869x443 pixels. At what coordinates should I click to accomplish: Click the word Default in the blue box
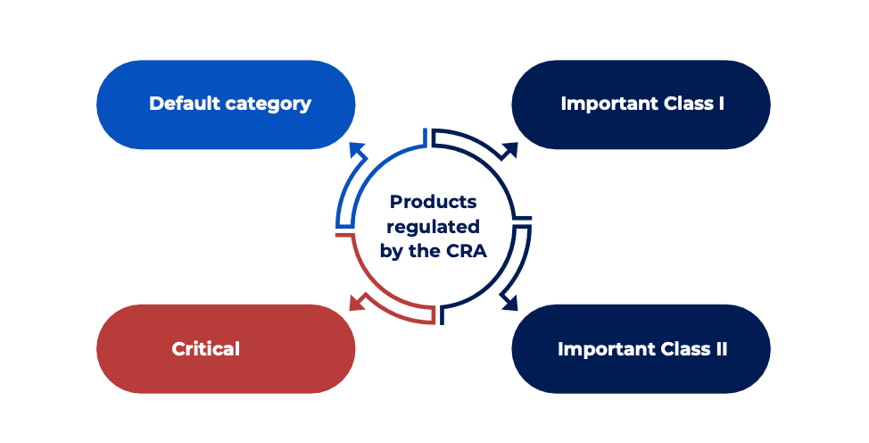[182, 104]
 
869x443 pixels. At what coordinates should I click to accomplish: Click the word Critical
[206, 348]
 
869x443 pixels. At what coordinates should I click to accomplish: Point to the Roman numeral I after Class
[720, 104]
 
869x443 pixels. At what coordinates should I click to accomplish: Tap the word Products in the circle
[434, 202]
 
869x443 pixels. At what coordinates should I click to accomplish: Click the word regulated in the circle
[434, 226]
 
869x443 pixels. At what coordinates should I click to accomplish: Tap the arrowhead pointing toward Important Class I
[511, 148]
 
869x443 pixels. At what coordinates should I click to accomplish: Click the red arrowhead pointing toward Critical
[355, 304]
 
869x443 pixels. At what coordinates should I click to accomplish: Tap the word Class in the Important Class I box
[685, 104]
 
